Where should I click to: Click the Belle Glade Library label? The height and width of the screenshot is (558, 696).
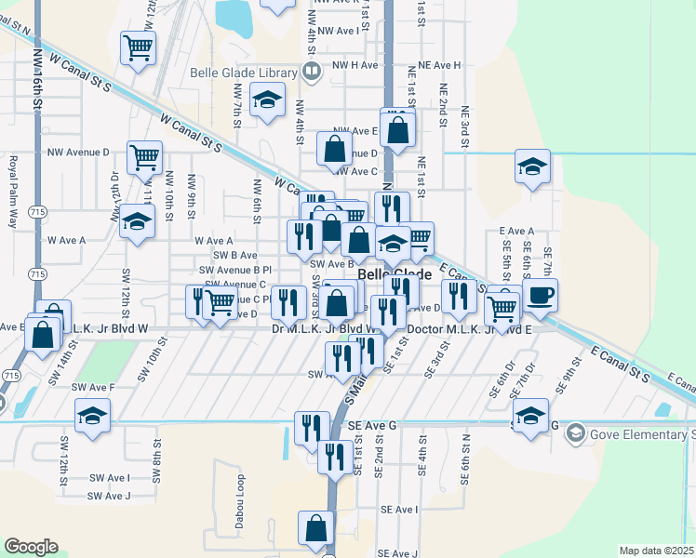pyautogui.click(x=242, y=73)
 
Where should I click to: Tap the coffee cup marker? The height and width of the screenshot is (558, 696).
pyautogui.click(x=540, y=295)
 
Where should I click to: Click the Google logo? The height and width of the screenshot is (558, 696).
pyautogui.click(x=31, y=547)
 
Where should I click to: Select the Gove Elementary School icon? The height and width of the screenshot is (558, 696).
pyautogui.click(x=576, y=434)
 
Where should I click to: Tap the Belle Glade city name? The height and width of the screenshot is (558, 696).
pyautogui.click(x=395, y=275)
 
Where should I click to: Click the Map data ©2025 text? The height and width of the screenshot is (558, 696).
pyautogui.click(x=655, y=551)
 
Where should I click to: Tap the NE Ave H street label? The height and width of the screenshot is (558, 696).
pyautogui.click(x=440, y=65)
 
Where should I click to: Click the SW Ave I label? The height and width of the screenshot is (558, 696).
pyautogui.click(x=110, y=478)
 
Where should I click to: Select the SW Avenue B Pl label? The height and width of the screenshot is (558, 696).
pyautogui.click(x=242, y=269)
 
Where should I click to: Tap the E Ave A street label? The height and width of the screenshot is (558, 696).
pyautogui.click(x=516, y=231)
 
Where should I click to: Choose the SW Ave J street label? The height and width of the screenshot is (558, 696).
pyautogui.click(x=110, y=496)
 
